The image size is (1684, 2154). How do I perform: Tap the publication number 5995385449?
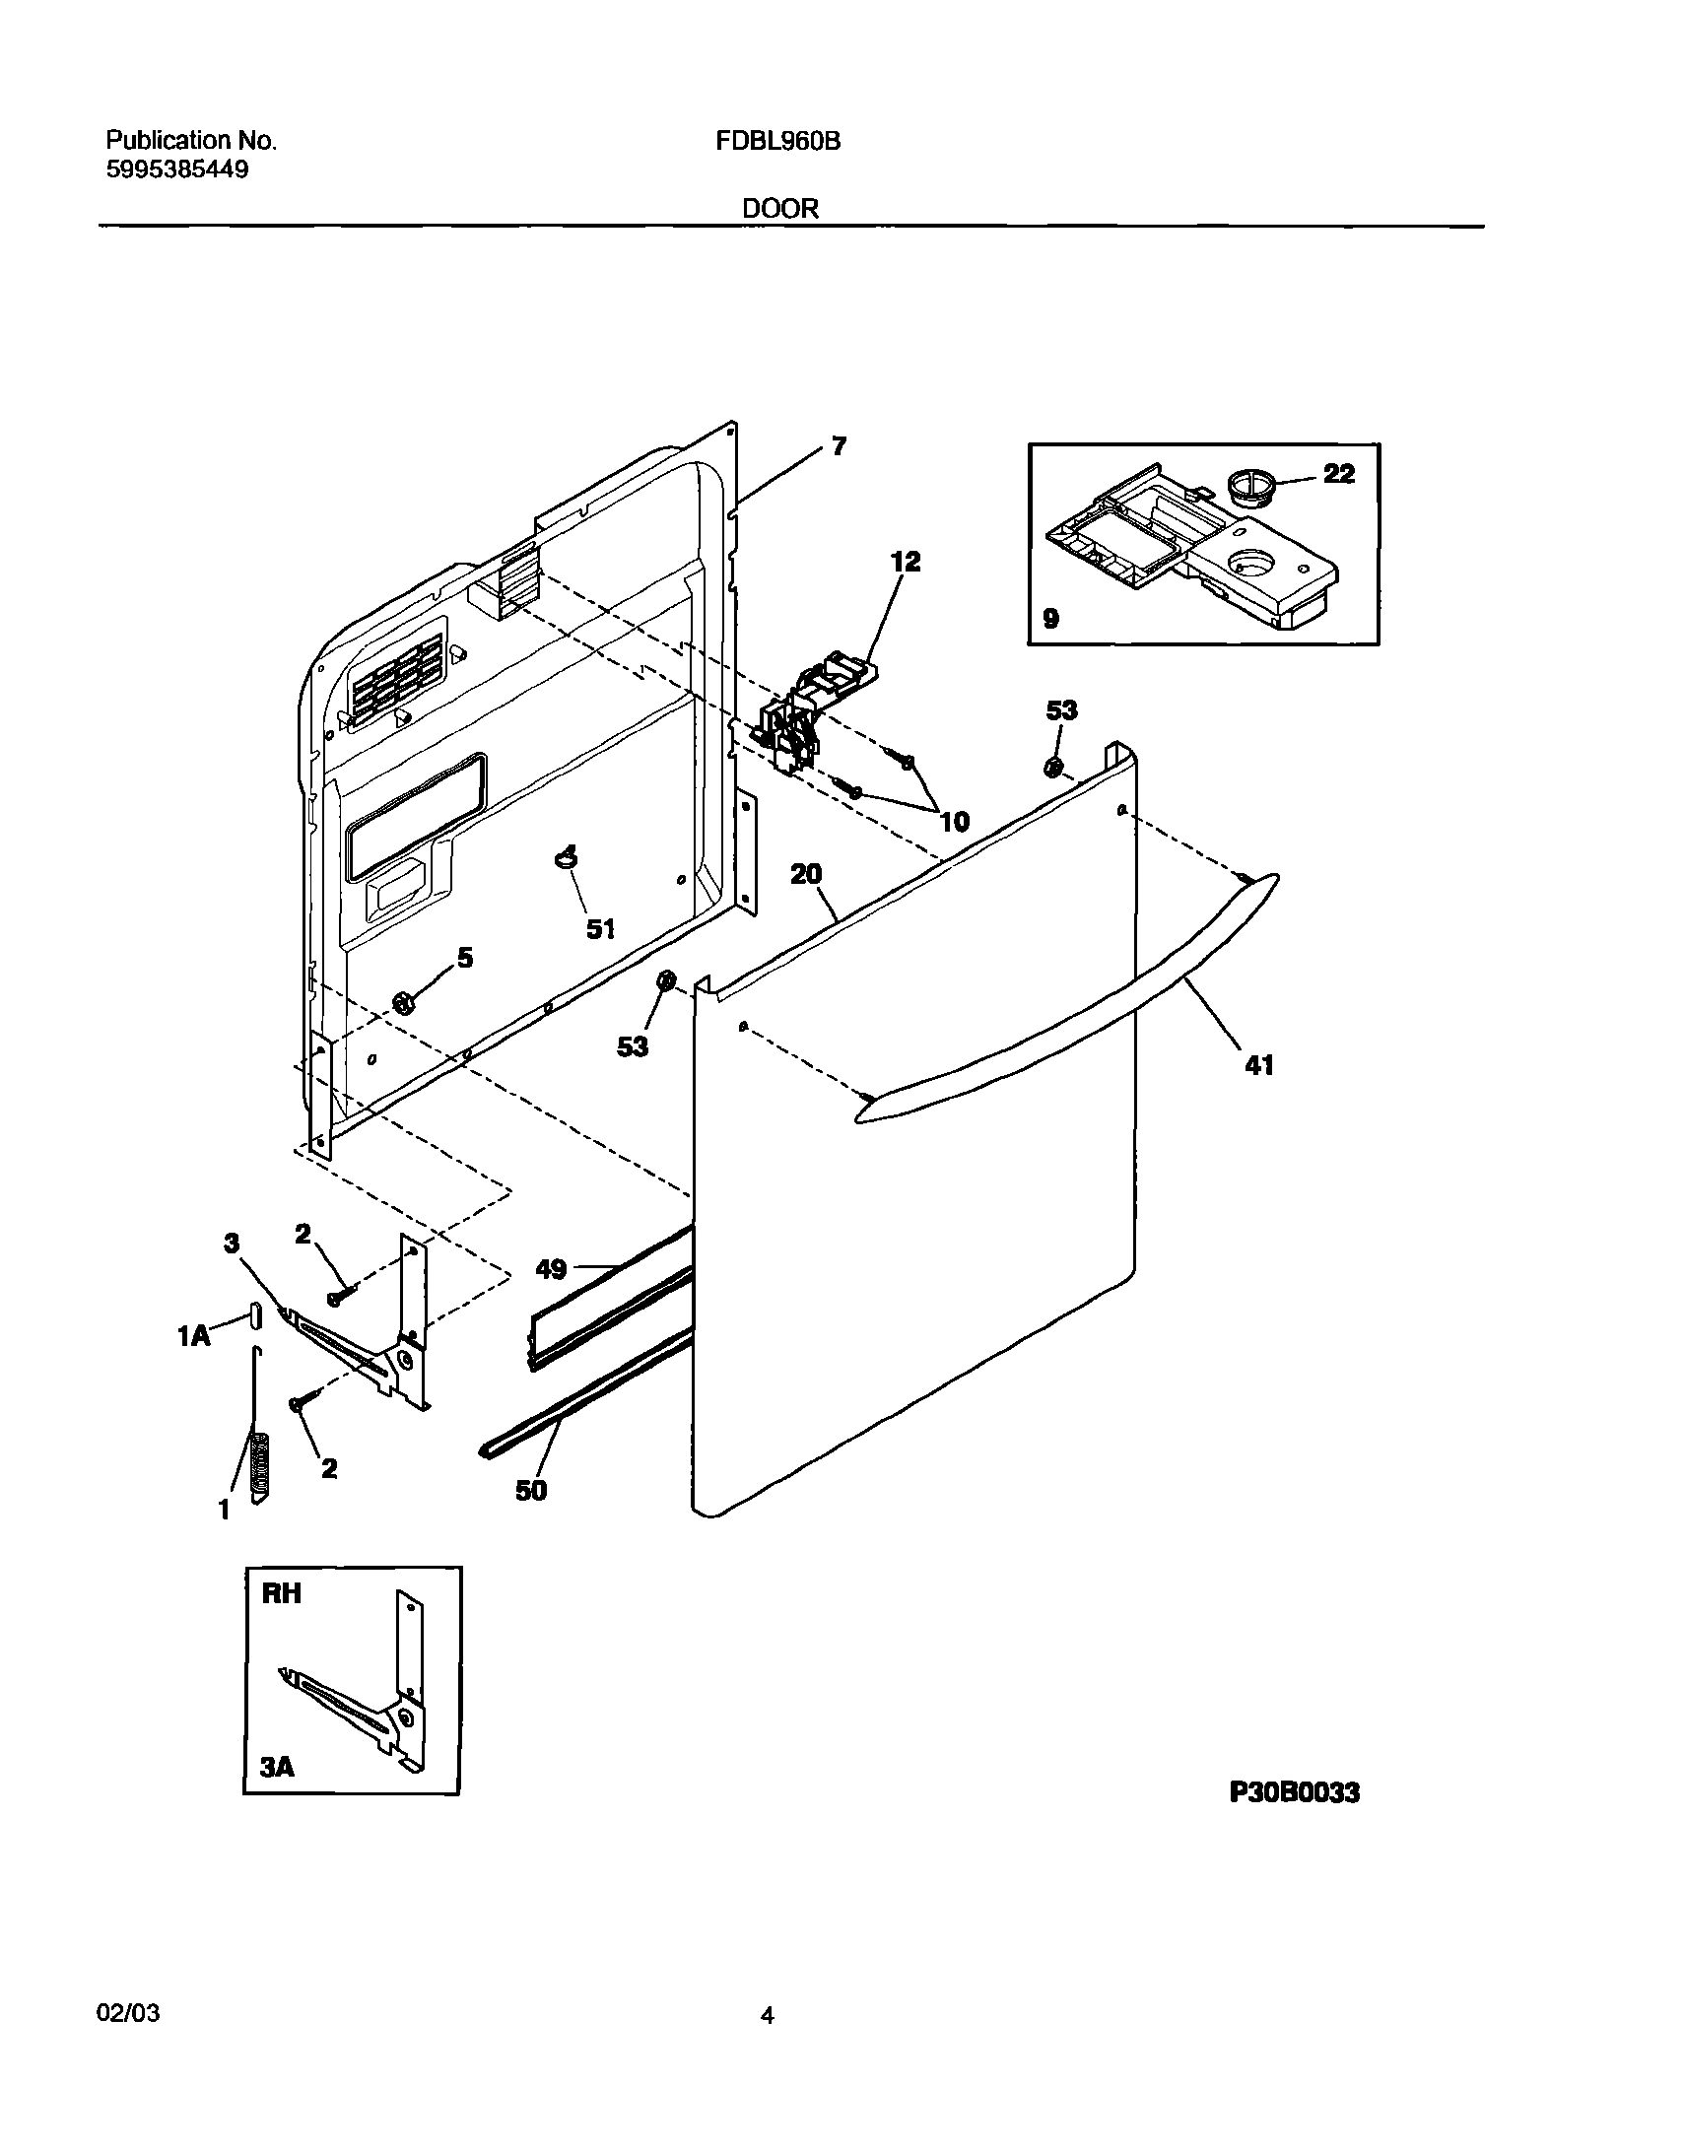tap(176, 169)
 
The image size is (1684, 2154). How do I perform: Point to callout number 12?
tap(905, 563)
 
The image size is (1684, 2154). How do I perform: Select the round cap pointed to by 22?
tap(1251, 486)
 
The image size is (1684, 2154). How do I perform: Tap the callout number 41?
tap(1259, 1065)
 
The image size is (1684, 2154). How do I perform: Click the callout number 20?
tap(806, 875)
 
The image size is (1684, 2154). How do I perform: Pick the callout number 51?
tap(601, 928)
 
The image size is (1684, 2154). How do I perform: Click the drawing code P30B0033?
tap(1295, 1792)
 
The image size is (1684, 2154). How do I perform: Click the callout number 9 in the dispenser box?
tap(1050, 620)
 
